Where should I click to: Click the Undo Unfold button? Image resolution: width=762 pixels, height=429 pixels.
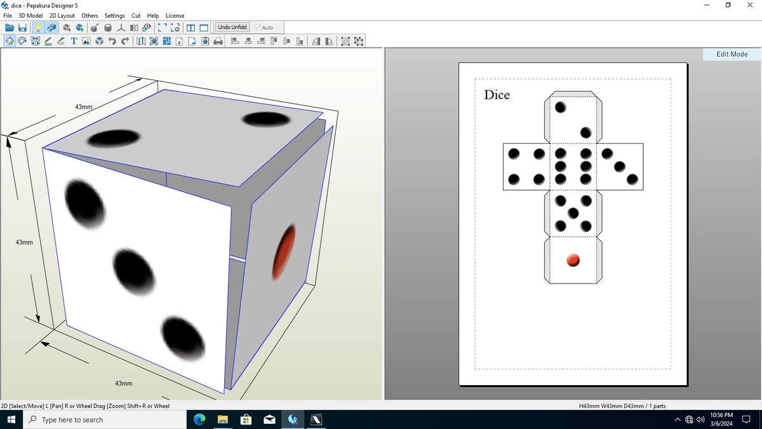(x=232, y=27)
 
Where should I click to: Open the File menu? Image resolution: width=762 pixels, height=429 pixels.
(x=8, y=16)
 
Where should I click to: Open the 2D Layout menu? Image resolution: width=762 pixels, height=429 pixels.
(x=62, y=16)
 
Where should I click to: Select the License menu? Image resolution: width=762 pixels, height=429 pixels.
(x=175, y=16)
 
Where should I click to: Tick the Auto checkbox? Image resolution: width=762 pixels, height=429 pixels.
(x=258, y=27)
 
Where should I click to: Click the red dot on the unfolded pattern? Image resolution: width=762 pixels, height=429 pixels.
(x=573, y=260)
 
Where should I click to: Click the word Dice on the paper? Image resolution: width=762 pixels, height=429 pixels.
(x=497, y=95)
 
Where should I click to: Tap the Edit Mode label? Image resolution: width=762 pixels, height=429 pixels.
(x=732, y=54)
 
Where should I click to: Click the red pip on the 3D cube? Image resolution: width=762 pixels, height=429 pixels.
(x=283, y=252)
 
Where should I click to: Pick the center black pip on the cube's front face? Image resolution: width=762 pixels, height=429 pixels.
(x=134, y=272)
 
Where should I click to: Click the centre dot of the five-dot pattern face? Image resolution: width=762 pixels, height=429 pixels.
(x=573, y=214)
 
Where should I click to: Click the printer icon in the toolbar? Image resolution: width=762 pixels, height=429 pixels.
(x=218, y=41)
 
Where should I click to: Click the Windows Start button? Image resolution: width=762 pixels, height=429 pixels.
(x=11, y=419)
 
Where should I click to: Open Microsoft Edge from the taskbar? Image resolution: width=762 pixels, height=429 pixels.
(x=199, y=419)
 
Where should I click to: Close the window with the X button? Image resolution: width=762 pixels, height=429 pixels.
(x=750, y=5)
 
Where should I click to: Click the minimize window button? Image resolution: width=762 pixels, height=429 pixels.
(x=707, y=5)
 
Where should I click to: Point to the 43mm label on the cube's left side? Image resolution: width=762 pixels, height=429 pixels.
(x=24, y=242)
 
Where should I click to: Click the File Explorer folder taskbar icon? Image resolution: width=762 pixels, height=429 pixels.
(x=222, y=419)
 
